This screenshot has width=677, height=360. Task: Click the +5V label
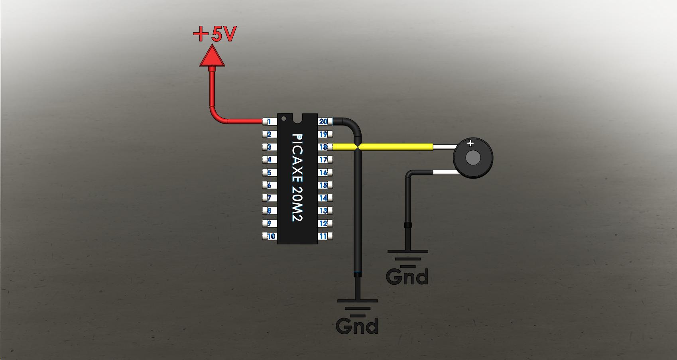(x=215, y=34)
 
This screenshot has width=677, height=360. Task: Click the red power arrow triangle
(x=212, y=57)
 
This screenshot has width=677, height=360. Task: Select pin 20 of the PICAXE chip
(x=324, y=122)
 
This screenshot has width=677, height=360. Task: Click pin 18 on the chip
(x=324, y=147)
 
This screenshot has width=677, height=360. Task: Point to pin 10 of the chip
(x=270, y=236)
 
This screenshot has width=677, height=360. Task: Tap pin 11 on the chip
(x=324, y=236)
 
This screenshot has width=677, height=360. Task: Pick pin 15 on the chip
(x=324, y=185)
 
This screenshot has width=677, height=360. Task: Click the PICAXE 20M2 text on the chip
(x=297, y=177)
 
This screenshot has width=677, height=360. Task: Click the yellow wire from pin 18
(x=395, y=147)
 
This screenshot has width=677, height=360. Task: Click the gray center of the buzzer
(x=473, y=158)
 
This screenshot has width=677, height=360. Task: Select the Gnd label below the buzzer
(x=407, y=276)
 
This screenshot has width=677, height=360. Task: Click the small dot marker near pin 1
(x=283, y=119)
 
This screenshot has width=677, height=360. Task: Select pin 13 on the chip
(x=324, y=210)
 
